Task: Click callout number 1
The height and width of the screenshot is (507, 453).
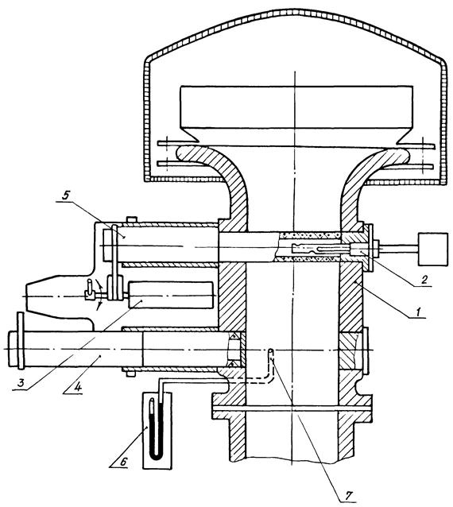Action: (418, 312)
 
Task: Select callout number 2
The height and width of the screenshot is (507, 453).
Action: (424, 279)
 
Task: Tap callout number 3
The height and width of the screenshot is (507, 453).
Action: (21, 384)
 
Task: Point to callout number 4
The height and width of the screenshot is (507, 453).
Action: (78, 388)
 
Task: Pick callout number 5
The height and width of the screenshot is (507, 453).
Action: (67, 196)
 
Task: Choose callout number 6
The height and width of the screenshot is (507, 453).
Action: (123, 462)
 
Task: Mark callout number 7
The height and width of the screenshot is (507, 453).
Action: (349, 495)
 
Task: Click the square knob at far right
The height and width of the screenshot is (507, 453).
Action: (433, 249)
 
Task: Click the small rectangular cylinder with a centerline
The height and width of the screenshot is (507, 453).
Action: (171, 295)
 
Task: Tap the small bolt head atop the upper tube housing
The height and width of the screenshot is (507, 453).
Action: (132, 220)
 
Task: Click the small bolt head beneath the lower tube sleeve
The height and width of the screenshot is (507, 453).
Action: (130, 373)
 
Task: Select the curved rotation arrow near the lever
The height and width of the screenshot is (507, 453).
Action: (101, 293)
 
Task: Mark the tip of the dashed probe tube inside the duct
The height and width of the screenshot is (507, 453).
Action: (271, 350)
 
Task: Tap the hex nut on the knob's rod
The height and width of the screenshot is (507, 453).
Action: (377, 249)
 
